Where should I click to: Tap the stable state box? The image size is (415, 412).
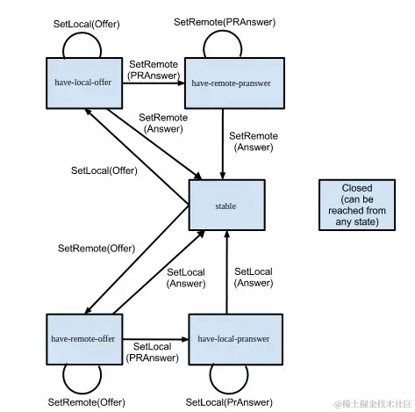[x=226, y=206]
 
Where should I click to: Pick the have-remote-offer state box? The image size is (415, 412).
[x=82, y=338]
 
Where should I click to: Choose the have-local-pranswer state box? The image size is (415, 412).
[x=233, y=338]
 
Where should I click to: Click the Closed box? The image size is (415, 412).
[x=357, y=206]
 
